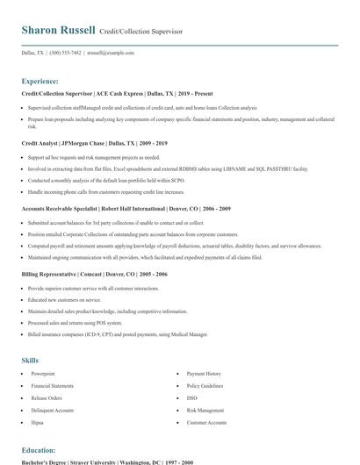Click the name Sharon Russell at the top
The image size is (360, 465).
click(x=58, y=30)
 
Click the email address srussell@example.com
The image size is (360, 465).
click(x=111, y=53)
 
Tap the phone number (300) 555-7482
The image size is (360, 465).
click(x=66, y=53)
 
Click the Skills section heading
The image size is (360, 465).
click(x=30, y=361)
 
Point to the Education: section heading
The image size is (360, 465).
click(x=38, y=450)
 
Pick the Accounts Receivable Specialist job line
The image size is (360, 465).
click(x=126, y=209)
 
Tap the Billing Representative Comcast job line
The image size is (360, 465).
click(x=99, y=275)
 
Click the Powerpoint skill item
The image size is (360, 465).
click(x=43, y=374)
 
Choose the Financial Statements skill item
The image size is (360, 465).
click(x=53, y=385)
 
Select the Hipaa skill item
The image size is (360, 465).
click(x=38, y=422)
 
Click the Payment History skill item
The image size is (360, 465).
click(x=204, y=374)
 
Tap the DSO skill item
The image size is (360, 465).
click(x=192, y=397)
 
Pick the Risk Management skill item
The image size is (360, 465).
click(x=205, y=410)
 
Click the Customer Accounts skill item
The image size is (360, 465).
click(x=207, y=422)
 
